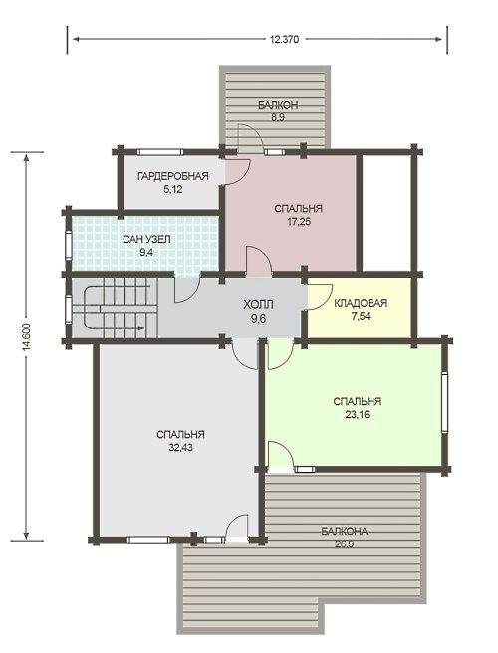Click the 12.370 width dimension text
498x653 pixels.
(284, 40)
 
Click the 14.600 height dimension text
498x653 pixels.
(27, 336)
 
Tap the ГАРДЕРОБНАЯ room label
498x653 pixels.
(173, 176)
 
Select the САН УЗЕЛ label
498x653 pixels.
(146, 240)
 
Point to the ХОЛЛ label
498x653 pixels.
(258, 305)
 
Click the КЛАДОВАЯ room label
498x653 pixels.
(361, 303)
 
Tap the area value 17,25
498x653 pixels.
(299, 222)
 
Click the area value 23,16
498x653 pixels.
(358, 415)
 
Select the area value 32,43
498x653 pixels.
(180, 448)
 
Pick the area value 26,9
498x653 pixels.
(345, 544)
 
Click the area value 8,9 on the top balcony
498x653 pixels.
(278, 117)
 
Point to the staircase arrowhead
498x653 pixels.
(140, 328)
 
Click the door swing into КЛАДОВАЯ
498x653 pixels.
(320, 297)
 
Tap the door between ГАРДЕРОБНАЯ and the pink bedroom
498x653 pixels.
(237, 171)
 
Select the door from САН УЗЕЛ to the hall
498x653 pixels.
(187, 289)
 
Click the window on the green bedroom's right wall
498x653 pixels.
(444, 402)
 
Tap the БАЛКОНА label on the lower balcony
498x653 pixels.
(345, 532)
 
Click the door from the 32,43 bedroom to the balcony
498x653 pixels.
(236, 528)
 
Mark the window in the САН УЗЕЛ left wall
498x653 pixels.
(68, 246)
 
